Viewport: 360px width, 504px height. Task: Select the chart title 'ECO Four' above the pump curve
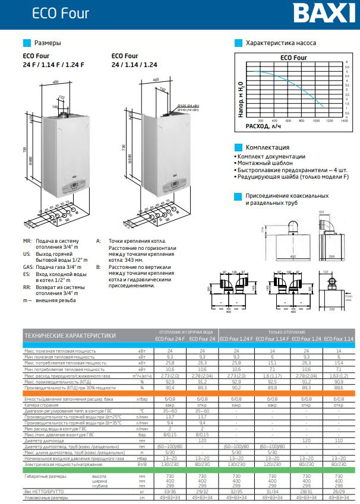coord(293,58)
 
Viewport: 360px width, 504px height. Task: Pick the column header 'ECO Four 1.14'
coord(339,338)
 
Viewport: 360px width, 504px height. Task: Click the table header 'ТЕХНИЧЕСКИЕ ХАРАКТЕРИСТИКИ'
coord(70,335)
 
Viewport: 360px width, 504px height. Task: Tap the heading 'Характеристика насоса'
coord(280,43)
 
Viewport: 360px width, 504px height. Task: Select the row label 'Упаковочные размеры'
coord(45,499)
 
